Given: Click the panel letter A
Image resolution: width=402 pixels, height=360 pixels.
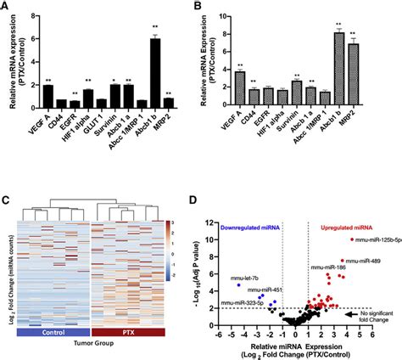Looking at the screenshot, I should [7, 7].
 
